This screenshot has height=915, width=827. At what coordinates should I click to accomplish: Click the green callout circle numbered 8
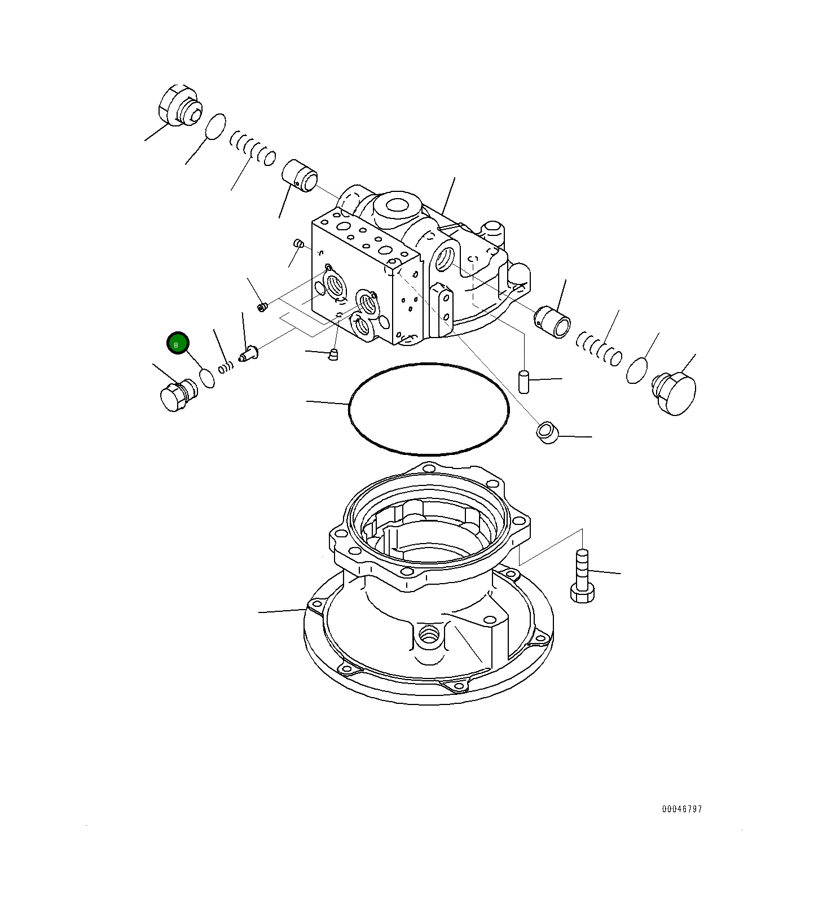click(x=177, y=344)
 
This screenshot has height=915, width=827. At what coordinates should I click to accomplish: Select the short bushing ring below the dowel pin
click(x=547, y=432)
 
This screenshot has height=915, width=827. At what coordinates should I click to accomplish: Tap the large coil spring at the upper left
click(x=253, y=148)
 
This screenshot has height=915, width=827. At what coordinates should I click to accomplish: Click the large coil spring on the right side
click(x=599, y=348)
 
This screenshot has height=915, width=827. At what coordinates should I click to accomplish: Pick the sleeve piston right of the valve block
click(x=553, y=321)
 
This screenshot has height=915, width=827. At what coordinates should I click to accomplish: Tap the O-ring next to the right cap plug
click(x=637, y=370)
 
